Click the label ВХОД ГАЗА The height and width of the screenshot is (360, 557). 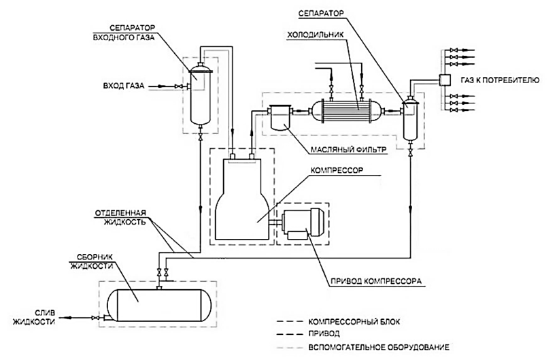pyautogui.click(x=124, y=86)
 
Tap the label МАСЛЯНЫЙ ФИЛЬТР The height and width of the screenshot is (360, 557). pyautogui.click(x=348, y=150)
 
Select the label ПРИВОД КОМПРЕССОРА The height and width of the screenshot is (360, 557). pyautogui.click(x=376, y=281)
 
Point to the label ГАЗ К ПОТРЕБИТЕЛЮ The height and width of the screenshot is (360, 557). pyautogui.click(x=500, y=80)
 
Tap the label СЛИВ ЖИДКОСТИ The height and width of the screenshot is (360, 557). pyautogui.click(x=35, y=317)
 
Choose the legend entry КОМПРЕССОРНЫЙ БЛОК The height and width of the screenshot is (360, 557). pyautogui.click(x=354, y=322)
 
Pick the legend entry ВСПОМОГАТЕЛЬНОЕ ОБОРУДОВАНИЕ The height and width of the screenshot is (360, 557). pyautogui.click(x=379, y=347)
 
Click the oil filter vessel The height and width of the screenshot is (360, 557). pyautogui.click(x=280, y=117)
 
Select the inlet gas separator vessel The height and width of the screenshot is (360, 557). pyautogui.click(x=200, y=93)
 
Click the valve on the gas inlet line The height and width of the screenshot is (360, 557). pyautogui.click(x=179, y=86)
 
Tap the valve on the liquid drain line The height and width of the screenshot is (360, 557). pyautogui.click(x=95, y=317)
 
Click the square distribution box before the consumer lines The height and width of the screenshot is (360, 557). pyautogui.click(x=444, y=80)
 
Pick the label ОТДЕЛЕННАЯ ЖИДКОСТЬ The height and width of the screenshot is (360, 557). pyautogui.click(x=120, y=218)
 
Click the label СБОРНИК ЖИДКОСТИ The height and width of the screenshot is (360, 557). pyautogui.click(x=92, y=261)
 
